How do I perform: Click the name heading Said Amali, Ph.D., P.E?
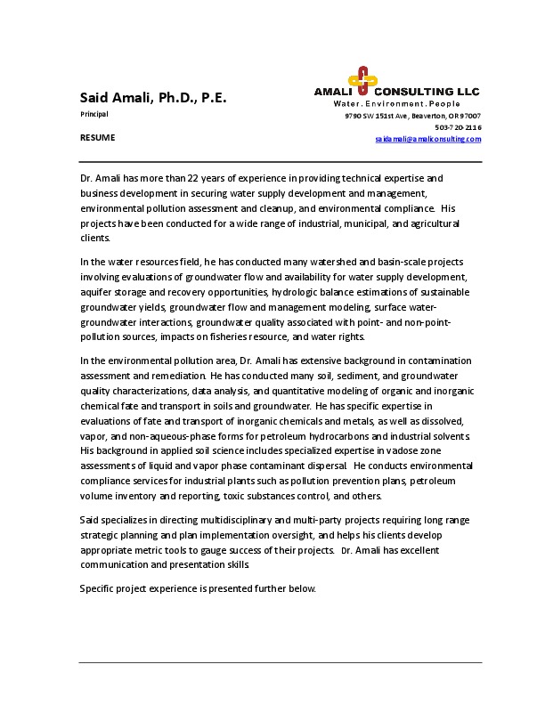[x=153, y=98]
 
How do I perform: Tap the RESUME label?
[x=97, y=138]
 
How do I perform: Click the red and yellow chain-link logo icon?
[x=360, y=81]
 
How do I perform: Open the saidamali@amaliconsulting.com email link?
[x=427, y=139]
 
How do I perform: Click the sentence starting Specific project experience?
[x=197, y=589]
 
